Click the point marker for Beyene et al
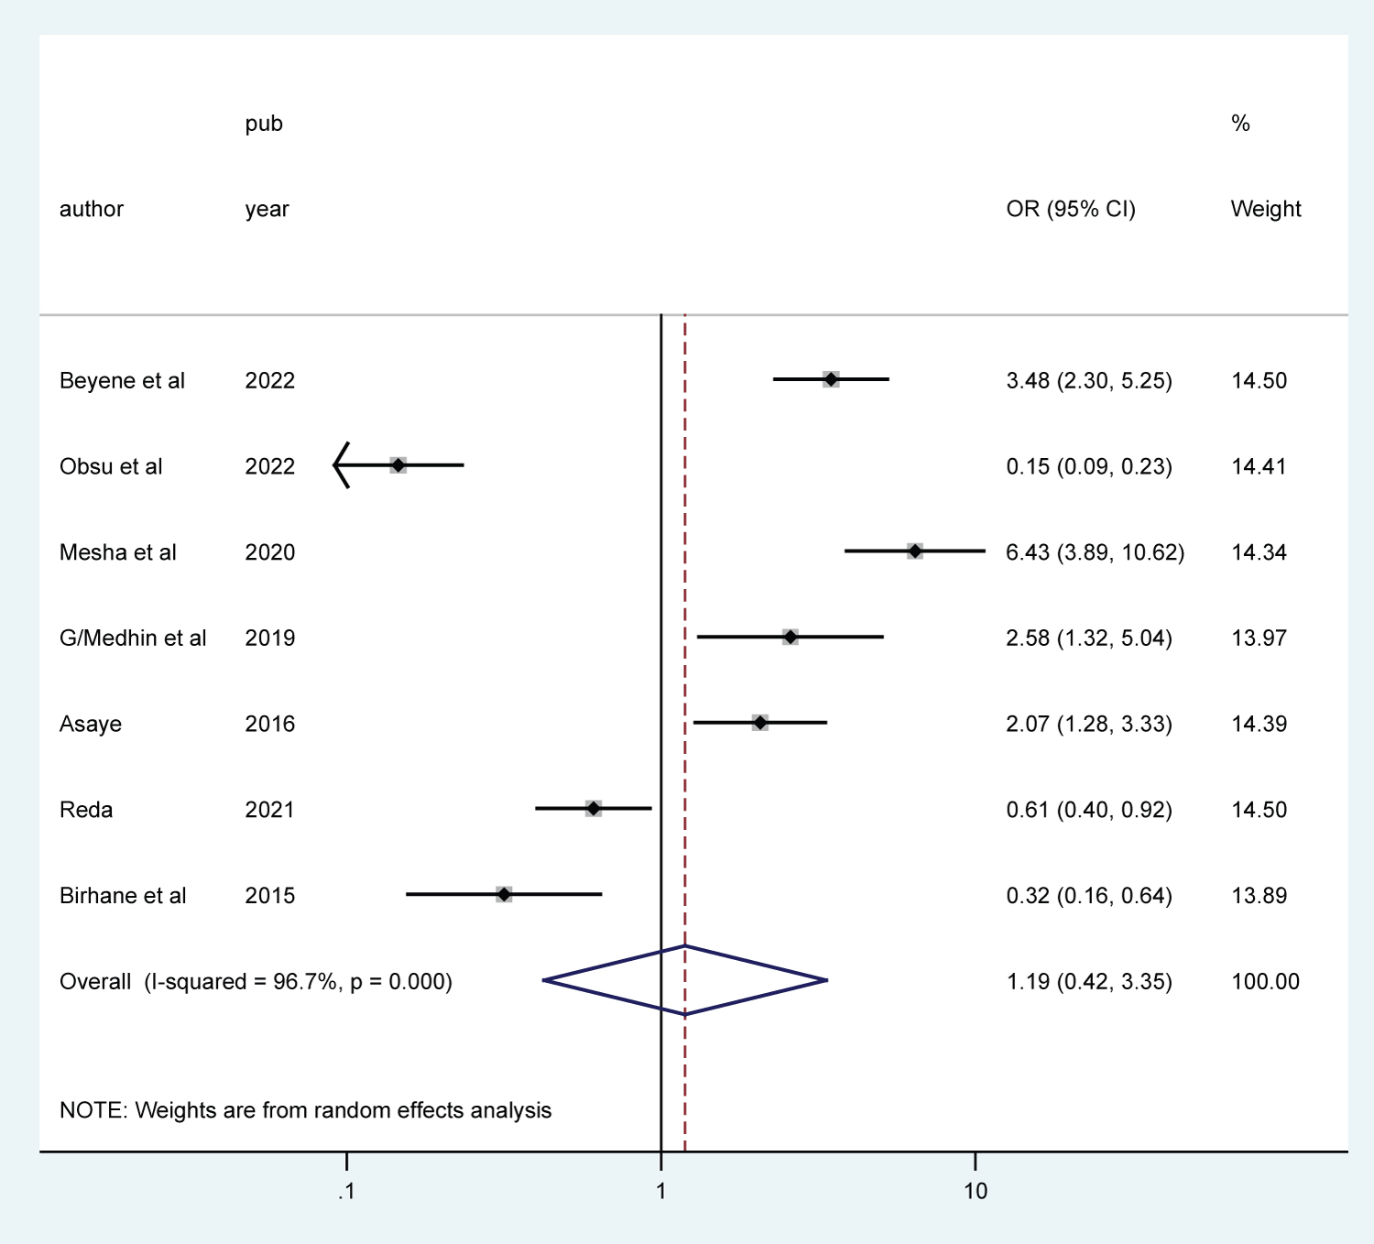click(x=831, y=379)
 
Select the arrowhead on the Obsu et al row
click(x=340, y=465)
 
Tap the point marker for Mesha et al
click(x=915, y=551)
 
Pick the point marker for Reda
click(x=594, y=808)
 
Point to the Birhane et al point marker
click(x=504, y=894)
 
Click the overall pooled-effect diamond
click(x=685, y=980)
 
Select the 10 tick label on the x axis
click(x=976, y=1191)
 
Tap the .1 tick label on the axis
click(x=345, y=1191)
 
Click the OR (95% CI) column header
click(x=1071, y=209)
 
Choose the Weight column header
click(x=1266, y=209)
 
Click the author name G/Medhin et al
click(x=133, y=638)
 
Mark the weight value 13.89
click(x=1259, y=895)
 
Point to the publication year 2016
click(x=270, y=724)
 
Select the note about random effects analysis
click(x=305, y=1110)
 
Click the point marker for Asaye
click(x=760, y=723)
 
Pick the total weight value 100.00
click(x=1265, y=982)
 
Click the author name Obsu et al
click(x=111, y=466)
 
